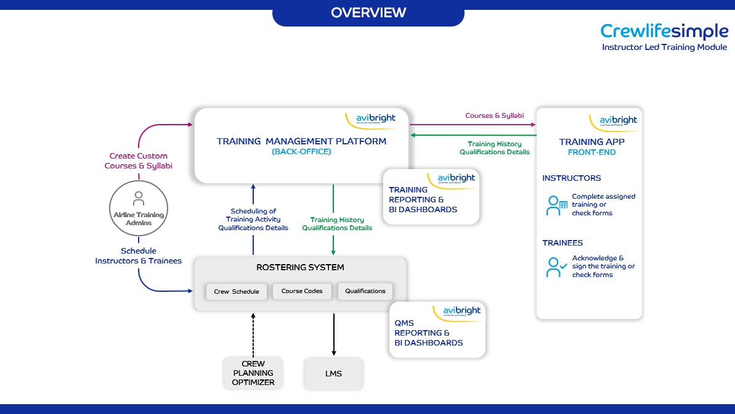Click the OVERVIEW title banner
pyautogui.click(x=368, y=13)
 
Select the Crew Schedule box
pyautogui.click(x=237, y=291)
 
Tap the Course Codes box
pyautogui.click(x=302, y=291)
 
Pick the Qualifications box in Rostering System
pyautogui.click(x=365, y=291)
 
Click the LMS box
pyautogui.click(x=333, y=373)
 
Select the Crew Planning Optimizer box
pyautogui.click(x=253, y=373)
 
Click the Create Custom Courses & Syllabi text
pyautogui.click(x=138, y=161)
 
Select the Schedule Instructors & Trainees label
pyautogui.click(x=138, y=256)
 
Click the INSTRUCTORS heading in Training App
pyautogui.click(x=571, y=178)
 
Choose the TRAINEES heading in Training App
pyautogui.click(x=562, y=243)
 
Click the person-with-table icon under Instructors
pyautogui.click(x=556, y=205)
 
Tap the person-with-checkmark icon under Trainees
pyautogui.click(x=556, y=267)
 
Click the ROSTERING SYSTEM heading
pyautogui.click(x=300, y=268)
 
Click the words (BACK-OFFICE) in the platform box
pyautogui.click(x=301, y=152)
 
